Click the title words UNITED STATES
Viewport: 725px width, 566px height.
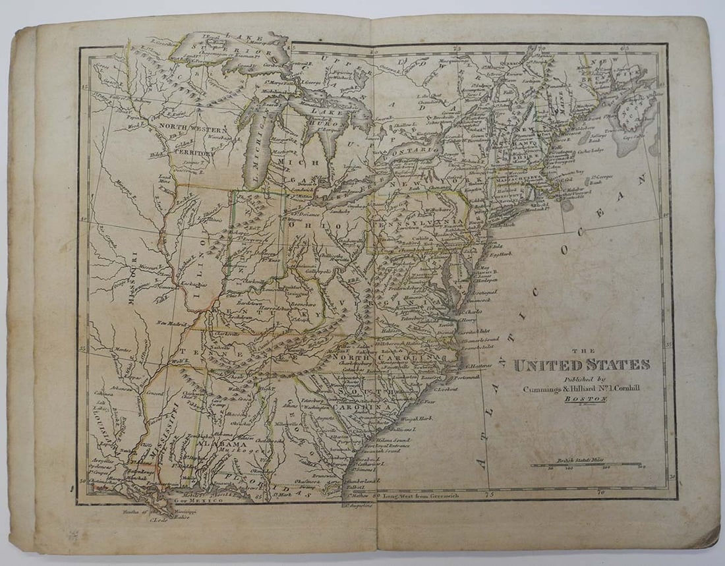tap(581, 365)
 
